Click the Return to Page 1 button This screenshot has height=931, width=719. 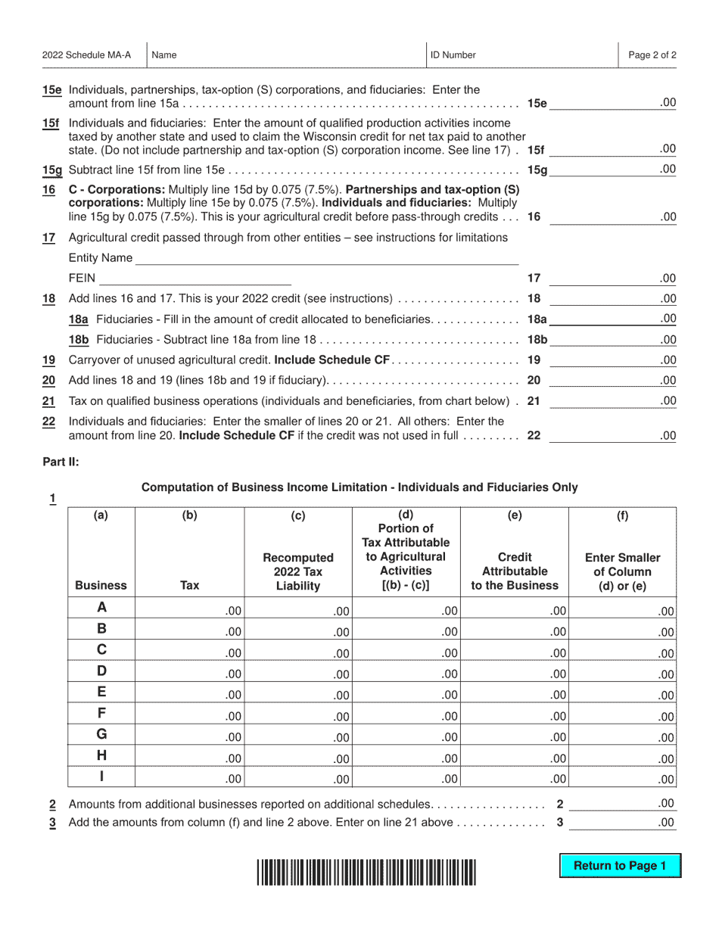point(620,866)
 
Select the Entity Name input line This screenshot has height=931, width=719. point(326,258)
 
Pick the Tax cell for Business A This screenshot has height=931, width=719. point(189,610)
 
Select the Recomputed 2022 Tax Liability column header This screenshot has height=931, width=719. point(298,571)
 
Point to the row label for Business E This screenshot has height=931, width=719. point(101,692)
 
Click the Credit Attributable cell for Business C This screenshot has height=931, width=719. point(514,652)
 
